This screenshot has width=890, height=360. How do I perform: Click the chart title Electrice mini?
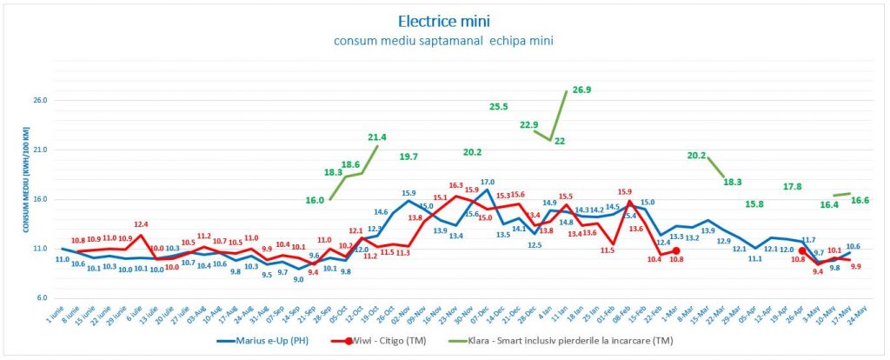[444, 19]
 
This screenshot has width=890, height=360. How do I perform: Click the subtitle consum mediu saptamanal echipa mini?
[444, 41]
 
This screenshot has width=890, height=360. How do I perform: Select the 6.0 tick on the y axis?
[41, 298]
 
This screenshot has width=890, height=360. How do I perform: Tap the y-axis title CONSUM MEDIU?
[26, 183]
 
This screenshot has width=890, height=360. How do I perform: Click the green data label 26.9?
[581, 90]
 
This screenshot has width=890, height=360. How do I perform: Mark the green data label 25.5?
[499, 107]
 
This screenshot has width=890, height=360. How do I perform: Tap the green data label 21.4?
[377, 137]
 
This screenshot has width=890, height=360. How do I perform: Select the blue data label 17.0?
[488, 182]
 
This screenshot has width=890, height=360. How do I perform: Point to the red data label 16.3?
[455, 185]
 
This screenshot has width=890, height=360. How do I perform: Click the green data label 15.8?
[754, 204]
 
